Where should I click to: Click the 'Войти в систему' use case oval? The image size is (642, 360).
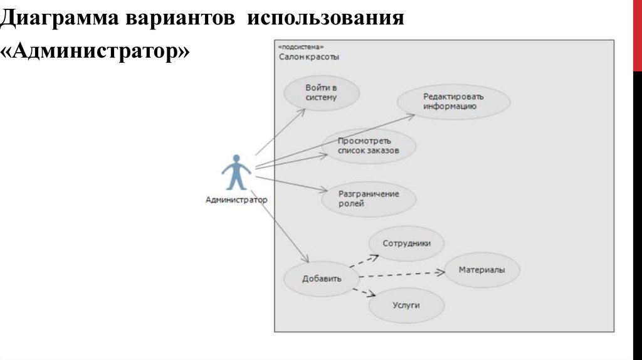coord(322,93)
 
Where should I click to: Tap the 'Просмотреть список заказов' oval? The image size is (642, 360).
coord(369,146)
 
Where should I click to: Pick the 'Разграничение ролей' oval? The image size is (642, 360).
coord(369,199)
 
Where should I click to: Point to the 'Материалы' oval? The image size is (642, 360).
coord(481,270)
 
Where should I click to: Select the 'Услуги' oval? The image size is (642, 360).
coord(406,305)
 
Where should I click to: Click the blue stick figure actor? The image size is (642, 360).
coord(236,172)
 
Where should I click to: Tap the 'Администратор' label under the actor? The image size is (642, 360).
coord(236,200)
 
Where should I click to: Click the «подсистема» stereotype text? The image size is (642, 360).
coord(301,47)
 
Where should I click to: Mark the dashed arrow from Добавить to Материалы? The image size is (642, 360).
coord(401,274)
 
